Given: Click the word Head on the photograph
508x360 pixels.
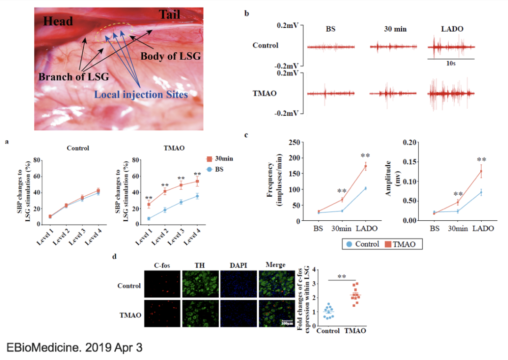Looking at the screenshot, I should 58,22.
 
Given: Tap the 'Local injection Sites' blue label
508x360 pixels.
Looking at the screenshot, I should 141,95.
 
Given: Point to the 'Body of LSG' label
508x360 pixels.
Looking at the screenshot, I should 171,56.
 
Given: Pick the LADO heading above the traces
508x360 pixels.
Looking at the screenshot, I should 452,29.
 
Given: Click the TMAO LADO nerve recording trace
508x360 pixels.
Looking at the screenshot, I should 452,94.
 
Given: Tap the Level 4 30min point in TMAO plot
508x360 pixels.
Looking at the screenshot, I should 198,181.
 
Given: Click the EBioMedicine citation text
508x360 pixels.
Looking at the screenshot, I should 74,348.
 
